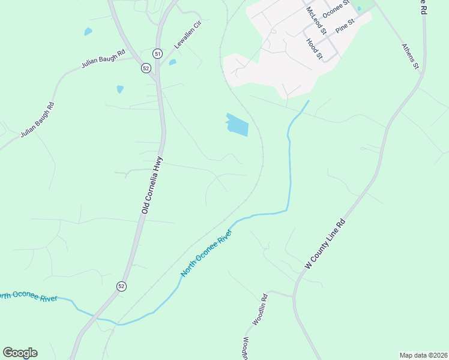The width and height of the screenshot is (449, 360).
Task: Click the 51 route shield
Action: tap(157, 53)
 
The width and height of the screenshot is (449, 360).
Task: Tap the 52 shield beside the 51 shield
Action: tap(146, 68)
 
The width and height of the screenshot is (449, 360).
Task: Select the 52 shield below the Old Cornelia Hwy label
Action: tap(122, 286)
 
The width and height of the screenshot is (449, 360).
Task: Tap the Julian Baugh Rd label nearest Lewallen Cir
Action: tap(103, 60)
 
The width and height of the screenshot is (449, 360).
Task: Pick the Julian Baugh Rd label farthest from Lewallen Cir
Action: tap(38, 120)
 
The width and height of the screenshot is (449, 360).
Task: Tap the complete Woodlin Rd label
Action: tap(259, 309)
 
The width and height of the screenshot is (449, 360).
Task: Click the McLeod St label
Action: tap(316, 21)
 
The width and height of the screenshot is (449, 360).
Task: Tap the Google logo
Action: tap(20, 353)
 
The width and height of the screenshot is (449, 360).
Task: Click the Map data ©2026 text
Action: tap(423, 355)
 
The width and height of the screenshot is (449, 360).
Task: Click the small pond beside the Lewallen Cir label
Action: tap(172, 62)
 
